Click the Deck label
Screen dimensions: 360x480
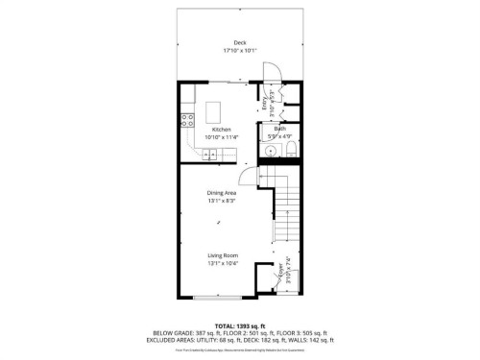click(x=227, y=42)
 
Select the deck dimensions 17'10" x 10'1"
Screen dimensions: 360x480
click(x=227, y=50)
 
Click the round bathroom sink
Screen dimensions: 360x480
click(x=272, y=150)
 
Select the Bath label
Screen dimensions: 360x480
click(x=280, y=129)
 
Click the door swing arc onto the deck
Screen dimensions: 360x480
click(x=272, y=72)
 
